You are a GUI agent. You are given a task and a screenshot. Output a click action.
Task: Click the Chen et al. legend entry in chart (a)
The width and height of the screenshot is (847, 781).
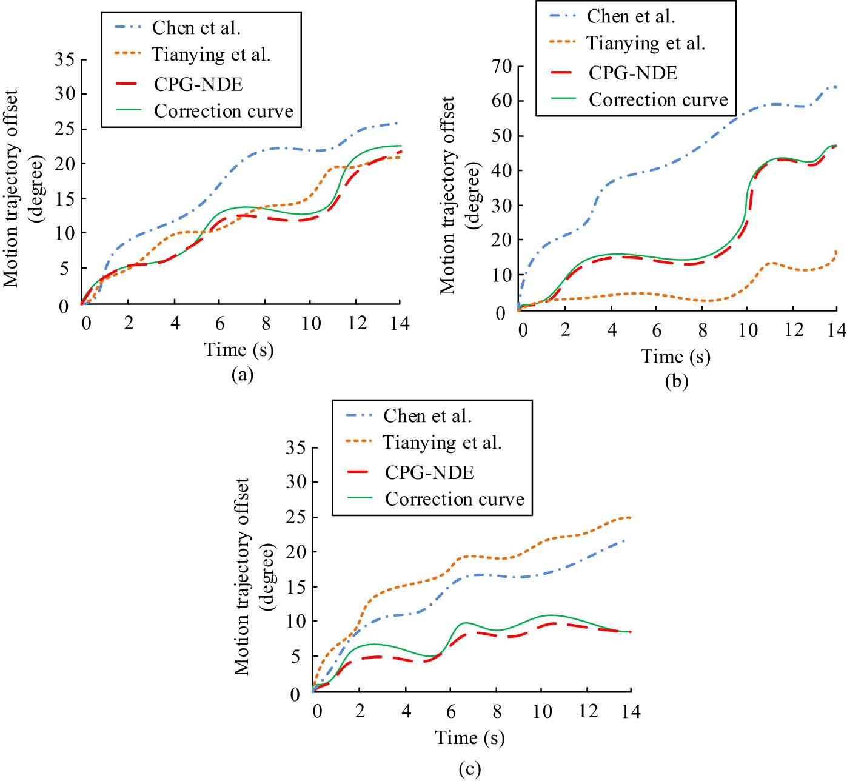tap(196, 28)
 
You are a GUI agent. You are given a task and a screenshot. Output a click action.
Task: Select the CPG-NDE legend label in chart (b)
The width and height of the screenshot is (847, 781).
tap(632, 73)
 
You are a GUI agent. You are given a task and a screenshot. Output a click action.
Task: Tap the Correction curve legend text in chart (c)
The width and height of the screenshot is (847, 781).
tap(454, 499)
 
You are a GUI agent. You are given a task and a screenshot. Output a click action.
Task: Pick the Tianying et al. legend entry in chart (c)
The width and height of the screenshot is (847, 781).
tap(442, 443)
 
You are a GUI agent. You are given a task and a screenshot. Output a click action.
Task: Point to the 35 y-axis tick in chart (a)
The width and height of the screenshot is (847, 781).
tap(64, 59)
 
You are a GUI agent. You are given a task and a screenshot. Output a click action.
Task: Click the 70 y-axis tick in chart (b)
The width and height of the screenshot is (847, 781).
tap(501, 66)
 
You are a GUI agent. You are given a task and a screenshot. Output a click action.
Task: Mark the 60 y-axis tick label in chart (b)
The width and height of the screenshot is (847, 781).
tap(501, 101)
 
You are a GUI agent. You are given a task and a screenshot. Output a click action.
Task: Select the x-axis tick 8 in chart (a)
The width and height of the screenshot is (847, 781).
tap(266, 323)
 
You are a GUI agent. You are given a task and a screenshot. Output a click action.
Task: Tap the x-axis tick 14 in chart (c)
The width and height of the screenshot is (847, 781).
tap(631, 711)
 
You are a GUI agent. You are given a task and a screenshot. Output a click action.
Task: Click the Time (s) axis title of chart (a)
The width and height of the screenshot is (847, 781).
tap(239, 350)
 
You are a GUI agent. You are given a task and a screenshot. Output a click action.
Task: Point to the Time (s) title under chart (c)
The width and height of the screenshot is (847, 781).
tap(470, 738)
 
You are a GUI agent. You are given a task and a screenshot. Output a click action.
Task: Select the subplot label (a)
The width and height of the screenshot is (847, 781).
tap(242, 375)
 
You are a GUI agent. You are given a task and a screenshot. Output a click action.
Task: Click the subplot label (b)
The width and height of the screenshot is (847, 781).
tap(676, 381)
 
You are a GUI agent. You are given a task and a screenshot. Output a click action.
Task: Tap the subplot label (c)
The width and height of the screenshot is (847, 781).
tap(470, 769)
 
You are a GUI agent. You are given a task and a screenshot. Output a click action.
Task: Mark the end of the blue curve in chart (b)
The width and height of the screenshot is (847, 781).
tap(836, 87)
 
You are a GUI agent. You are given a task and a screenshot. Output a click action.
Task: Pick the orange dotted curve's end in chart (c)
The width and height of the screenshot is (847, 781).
tap(631, 517)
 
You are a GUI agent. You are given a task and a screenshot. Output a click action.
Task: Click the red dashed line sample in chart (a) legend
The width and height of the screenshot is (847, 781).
tap(127, 84)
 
